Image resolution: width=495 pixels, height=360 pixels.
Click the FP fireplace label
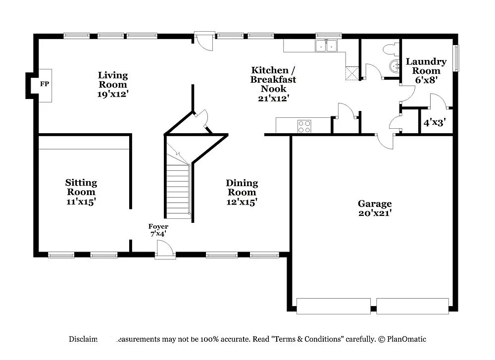tap(45, 84)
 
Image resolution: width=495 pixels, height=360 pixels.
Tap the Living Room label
tap(113, 84)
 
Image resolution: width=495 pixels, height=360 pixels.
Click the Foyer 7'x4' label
tap(158, 230)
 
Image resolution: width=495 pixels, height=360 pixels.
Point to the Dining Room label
tap(242, 192)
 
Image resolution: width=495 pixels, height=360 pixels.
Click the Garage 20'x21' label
tap(375, 208)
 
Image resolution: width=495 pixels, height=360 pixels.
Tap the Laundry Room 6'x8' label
tap(426, 70)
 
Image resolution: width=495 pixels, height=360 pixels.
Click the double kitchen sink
tap(326, 46)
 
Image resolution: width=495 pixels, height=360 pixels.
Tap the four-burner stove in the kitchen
tap(304, 126)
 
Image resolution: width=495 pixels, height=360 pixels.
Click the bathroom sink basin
tap(395, 66)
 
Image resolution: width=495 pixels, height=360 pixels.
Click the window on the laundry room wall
tap(456, 58)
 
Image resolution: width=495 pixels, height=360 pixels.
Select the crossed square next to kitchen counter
tap(351, 73)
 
